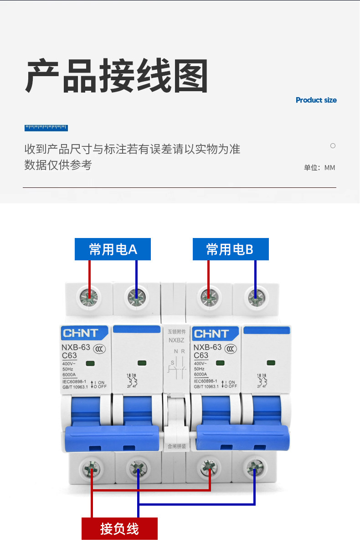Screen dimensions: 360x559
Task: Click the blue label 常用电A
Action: coord(113,249)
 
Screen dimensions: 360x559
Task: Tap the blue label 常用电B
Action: coord(230,249)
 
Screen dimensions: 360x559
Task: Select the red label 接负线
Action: coord(119,529)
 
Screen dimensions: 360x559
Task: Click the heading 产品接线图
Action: coord(117,76)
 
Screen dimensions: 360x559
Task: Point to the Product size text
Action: coord(316,100)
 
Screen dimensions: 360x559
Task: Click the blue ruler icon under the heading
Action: coord(46,128)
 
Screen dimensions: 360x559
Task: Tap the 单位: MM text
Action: coord(319,168)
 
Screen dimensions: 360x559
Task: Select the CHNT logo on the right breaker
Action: coord(213,334)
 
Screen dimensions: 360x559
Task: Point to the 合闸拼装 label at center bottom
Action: coord(177,446)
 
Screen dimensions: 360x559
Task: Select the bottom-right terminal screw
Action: coord(253,467)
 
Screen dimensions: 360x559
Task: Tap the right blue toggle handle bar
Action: coord(242,436)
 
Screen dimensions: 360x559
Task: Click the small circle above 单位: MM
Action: coord(333,146)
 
